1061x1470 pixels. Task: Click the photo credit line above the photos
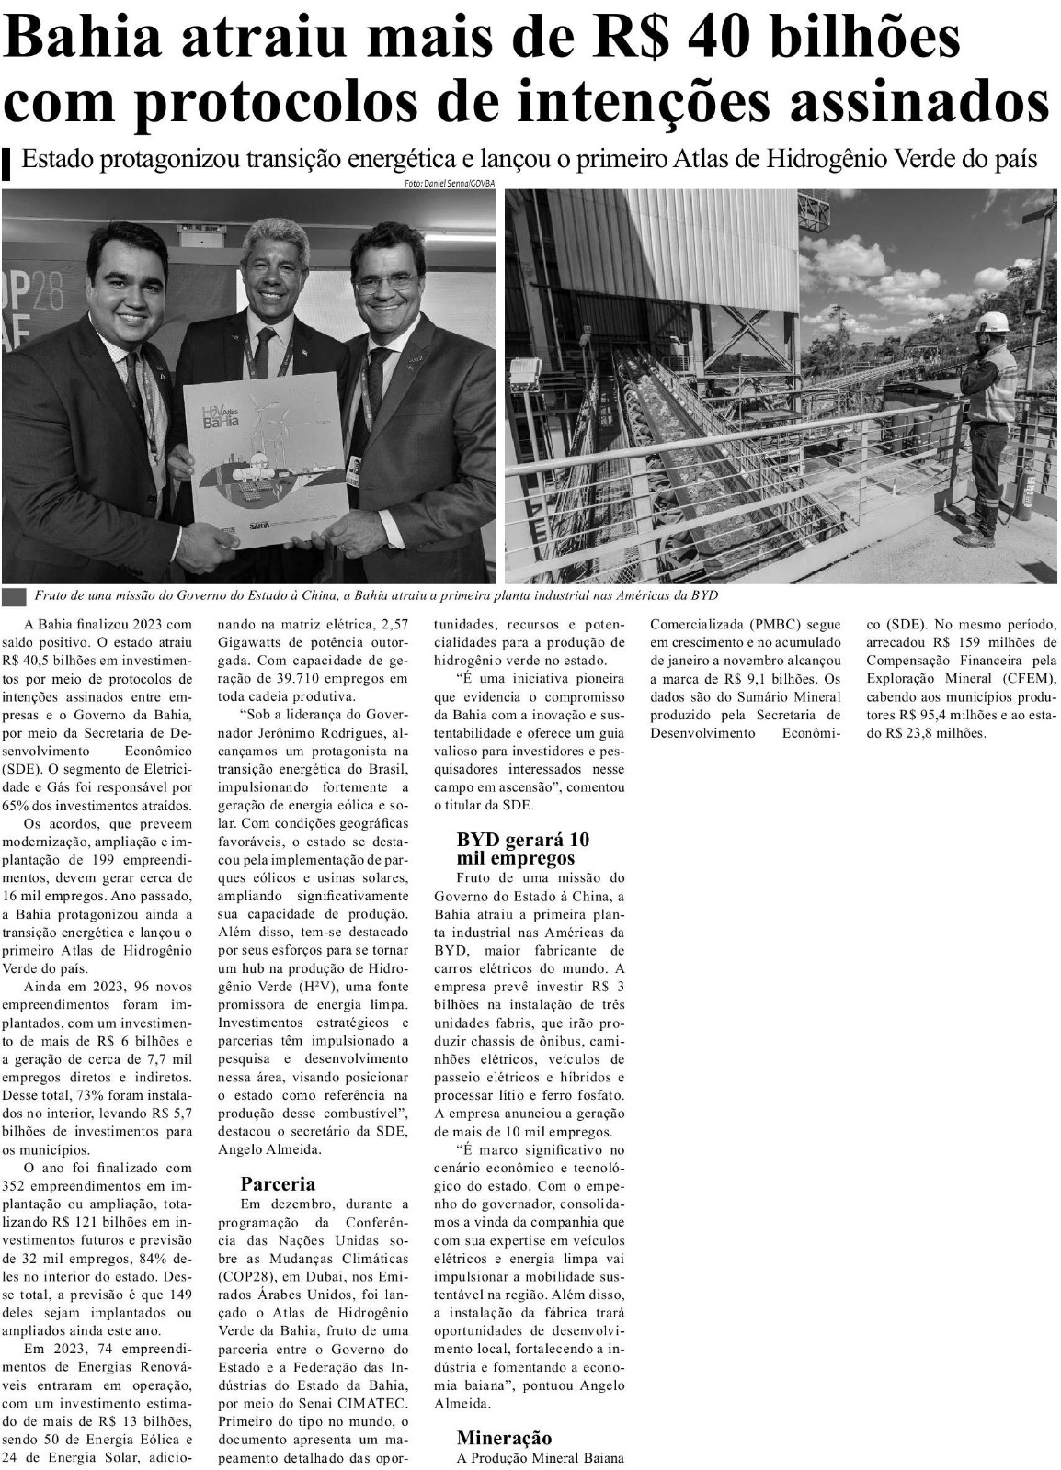[449, 184]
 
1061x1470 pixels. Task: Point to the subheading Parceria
[278, 1183]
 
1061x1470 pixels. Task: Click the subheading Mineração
[505, 1438]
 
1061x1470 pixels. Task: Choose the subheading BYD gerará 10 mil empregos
[523, 848]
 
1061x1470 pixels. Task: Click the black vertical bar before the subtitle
[7, 163]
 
